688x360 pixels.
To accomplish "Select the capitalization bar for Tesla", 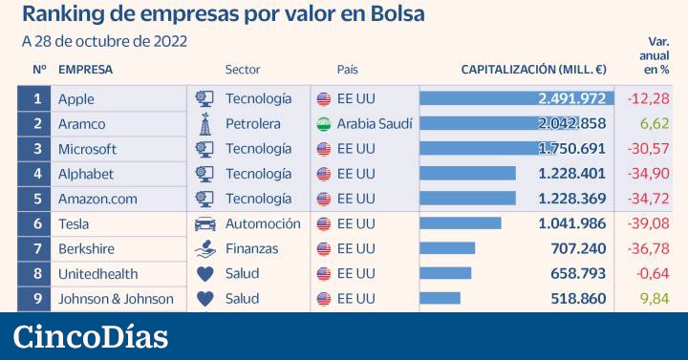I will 460,223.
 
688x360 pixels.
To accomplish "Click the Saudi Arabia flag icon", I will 323,124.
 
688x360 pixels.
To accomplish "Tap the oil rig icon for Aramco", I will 204,123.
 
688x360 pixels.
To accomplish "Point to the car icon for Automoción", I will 204,223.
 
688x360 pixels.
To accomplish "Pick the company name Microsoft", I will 87,149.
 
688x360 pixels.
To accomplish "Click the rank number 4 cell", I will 37,174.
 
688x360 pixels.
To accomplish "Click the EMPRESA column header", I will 85,70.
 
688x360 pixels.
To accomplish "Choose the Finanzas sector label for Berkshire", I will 251,248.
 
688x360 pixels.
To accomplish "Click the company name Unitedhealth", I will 97,273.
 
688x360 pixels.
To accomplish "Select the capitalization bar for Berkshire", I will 447,248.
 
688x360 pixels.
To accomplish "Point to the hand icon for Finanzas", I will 204,248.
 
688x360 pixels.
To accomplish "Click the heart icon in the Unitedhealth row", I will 204,273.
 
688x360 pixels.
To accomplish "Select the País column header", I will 347,70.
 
